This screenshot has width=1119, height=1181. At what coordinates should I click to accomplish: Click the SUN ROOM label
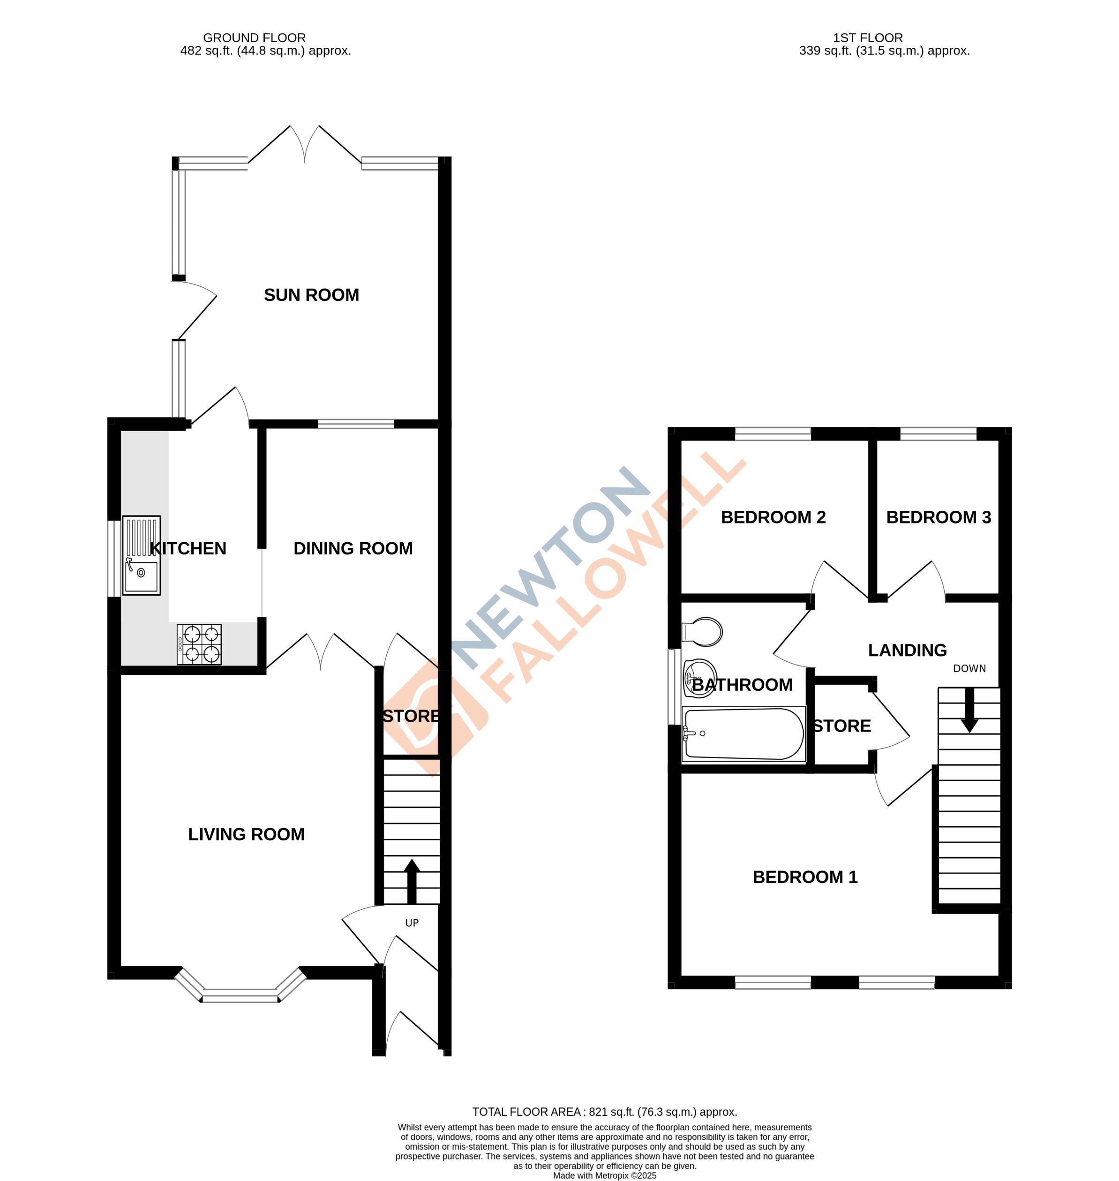click(311, 295)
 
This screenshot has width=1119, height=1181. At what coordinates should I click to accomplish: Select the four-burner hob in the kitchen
click(200, 644)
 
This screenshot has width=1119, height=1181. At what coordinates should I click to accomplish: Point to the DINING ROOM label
click(353, 548)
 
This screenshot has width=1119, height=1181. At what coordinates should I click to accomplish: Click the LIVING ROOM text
click(246, 835)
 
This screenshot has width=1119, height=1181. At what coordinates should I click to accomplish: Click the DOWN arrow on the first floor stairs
click(969, 710)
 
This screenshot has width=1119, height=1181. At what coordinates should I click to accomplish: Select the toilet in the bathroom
click(703, 631)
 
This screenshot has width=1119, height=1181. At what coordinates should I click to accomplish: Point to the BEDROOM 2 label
click(773, 517)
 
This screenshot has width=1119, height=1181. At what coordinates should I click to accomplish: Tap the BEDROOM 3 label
click(938, 517)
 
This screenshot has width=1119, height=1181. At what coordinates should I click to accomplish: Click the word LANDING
click(907, 650)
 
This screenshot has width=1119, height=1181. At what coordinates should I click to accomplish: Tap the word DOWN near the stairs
click(969, 669)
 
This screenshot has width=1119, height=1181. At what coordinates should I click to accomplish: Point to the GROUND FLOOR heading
click(254, 38)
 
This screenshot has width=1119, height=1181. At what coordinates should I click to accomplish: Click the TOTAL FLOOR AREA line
click(604, 1112)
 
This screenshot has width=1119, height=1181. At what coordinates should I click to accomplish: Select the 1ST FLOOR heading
click(868, 38)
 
